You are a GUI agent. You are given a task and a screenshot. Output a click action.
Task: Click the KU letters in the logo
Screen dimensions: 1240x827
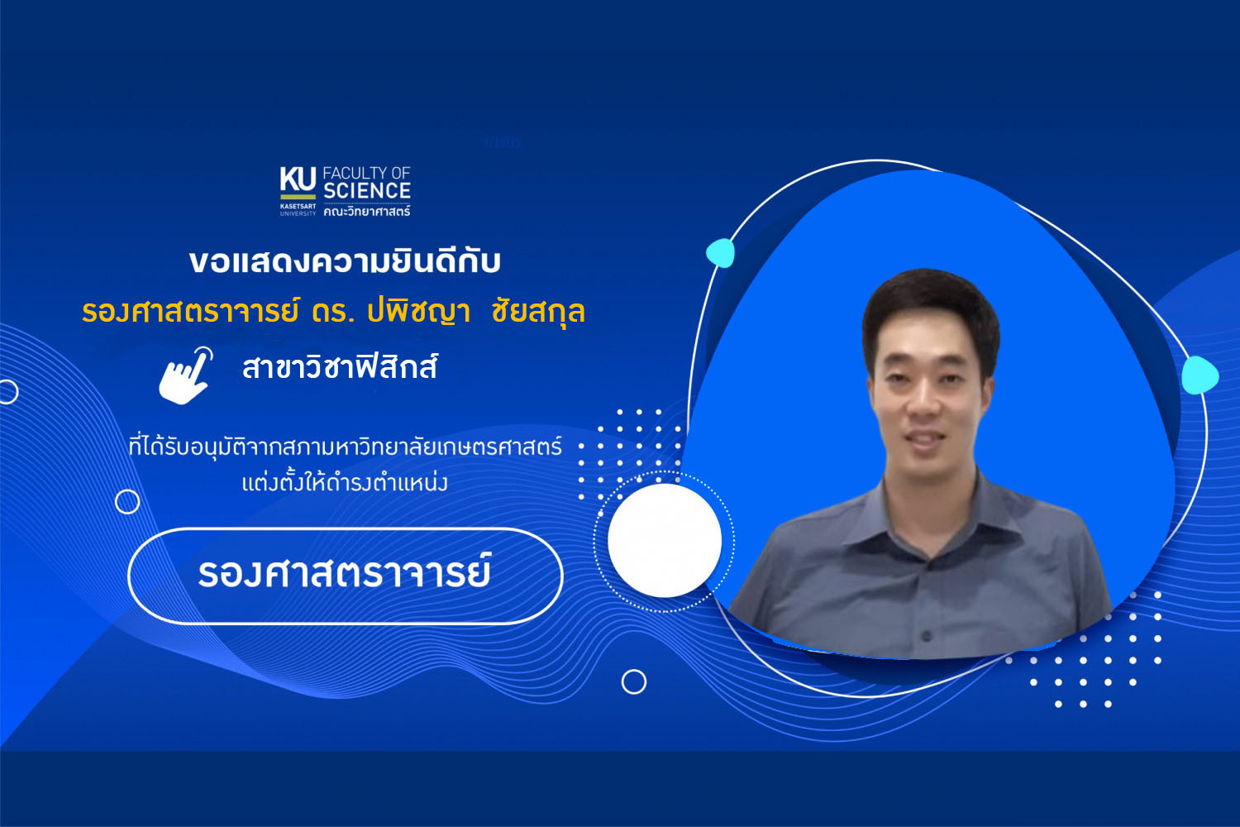click(298, 179)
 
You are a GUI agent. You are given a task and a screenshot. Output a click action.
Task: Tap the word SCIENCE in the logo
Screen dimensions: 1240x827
click(367, 190)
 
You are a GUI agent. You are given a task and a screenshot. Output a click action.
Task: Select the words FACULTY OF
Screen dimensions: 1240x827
click(366, 173)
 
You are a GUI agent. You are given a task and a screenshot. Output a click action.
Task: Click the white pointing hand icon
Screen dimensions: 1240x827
click(186, 375)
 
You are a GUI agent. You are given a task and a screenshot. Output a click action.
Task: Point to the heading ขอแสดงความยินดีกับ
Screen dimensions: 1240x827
click(345, 261)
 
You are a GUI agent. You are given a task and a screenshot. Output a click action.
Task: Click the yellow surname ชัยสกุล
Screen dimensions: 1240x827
click(538, 311)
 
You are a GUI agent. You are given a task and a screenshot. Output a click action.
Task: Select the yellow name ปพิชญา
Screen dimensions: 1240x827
click(418, 311)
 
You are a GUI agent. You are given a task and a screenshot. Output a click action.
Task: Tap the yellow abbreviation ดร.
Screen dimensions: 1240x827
click(332, 312)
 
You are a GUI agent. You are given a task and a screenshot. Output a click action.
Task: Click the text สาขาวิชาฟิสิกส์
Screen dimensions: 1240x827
click(340, 366)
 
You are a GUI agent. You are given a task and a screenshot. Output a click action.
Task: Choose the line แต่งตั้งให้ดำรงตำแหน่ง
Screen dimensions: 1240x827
click(345, 482)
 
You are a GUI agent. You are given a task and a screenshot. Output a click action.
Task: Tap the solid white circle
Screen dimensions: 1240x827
click(665, 541)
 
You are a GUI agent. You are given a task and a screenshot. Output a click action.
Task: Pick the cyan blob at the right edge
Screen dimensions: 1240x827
click(1199, 375)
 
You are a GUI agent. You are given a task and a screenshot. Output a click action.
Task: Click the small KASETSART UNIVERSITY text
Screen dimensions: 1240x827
click(298, 209)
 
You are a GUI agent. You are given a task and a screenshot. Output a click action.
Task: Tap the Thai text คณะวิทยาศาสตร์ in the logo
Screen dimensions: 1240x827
click(367, 211)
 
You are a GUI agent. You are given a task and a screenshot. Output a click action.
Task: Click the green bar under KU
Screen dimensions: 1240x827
click(298, 197)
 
